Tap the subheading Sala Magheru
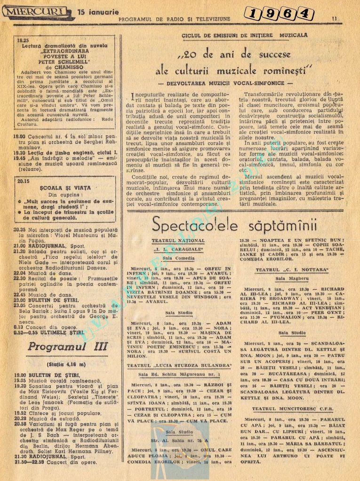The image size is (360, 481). coord(292,279)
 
